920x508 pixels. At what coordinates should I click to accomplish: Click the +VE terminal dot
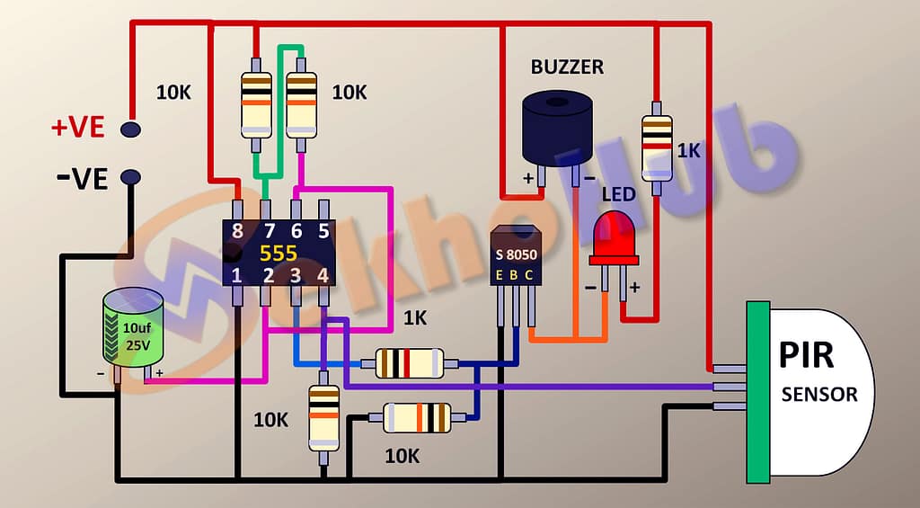pyautogui.click(x=131, y=130)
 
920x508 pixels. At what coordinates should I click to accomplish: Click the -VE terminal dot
pyautogui.click(x=131, y=176)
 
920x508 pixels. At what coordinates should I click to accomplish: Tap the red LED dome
pyautogui.click(x=613, y=233)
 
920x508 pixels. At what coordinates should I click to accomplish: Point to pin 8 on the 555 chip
pyautogui.click(x=237, y=230)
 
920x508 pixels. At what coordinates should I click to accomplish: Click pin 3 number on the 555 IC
pyautogui.click(x=295, y=275)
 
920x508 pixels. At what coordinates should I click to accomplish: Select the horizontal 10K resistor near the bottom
pyautogui.click(x=417, y=418)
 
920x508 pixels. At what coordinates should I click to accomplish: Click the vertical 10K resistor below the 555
pyautogui.click(x=323, y=417)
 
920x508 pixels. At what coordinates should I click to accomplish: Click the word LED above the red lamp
pyautogui.click(x=618, y=194)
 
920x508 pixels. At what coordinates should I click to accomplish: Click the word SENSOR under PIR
pyautogui.click(x=819, y=394)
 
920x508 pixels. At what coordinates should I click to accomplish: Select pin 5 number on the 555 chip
pyautogui.click(x=324, y=230)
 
